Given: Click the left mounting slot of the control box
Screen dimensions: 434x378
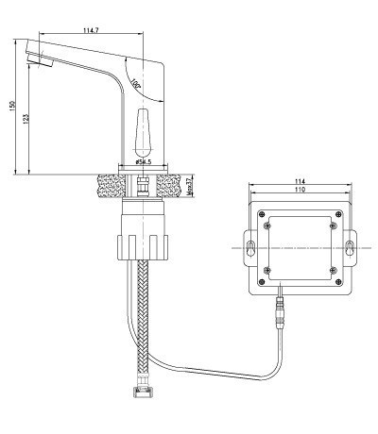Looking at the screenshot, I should pyautogui.click(x=249, y=248).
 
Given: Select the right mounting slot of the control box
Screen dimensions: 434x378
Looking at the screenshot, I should pyautogui.click(x=349, y=248).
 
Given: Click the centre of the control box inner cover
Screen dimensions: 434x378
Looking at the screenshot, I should pyautogui.click(x=299, y=248).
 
